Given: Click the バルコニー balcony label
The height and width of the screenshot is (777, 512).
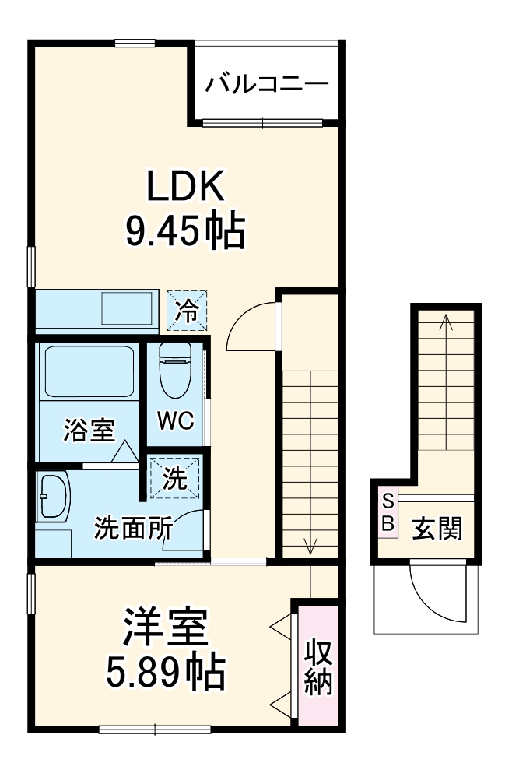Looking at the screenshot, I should pos(266,83).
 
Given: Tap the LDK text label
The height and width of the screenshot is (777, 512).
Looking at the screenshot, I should pos(187,187).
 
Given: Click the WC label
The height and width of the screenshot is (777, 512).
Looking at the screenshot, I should pos(175,421).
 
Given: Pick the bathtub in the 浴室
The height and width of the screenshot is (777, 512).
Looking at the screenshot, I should pos(89,372).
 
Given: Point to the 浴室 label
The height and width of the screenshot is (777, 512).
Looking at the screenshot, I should pos(89,429).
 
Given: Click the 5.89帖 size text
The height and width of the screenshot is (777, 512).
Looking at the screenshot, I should pos(166,671).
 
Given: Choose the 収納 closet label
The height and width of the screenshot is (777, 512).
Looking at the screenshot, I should pos(318,665).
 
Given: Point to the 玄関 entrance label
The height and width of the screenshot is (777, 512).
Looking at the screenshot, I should pos(437,529).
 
